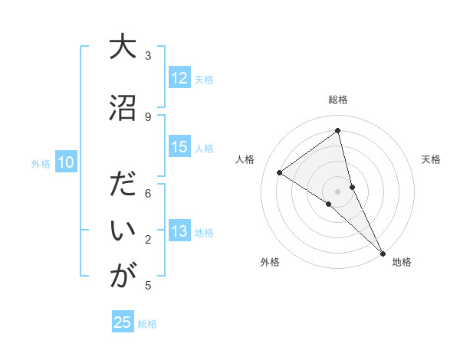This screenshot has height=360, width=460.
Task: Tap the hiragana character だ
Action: (123, 187)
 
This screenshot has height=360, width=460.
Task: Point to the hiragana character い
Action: (123, 232)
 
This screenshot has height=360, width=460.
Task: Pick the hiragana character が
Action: (123, 277)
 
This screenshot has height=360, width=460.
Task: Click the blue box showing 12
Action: (179, 78)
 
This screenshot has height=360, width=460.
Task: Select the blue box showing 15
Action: (179, 147)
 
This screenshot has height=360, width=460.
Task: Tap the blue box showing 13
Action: (179, 231)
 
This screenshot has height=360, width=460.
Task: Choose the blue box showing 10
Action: (65, 162)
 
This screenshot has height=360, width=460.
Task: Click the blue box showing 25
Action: (123, 322)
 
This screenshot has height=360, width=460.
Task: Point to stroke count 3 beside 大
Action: (148, 55)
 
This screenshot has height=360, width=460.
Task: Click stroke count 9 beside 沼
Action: (148, 116)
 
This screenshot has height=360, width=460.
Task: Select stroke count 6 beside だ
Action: (148, 194)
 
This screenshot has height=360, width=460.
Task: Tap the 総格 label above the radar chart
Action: (338, 100)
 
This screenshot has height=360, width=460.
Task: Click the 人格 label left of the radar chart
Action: (245, 159)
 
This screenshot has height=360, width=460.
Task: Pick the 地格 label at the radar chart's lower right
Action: (402, 262)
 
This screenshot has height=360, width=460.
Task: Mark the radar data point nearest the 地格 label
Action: (382, 253)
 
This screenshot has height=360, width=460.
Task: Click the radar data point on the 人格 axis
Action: (280, 172)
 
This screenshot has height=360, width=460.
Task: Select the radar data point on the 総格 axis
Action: (338, 130)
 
